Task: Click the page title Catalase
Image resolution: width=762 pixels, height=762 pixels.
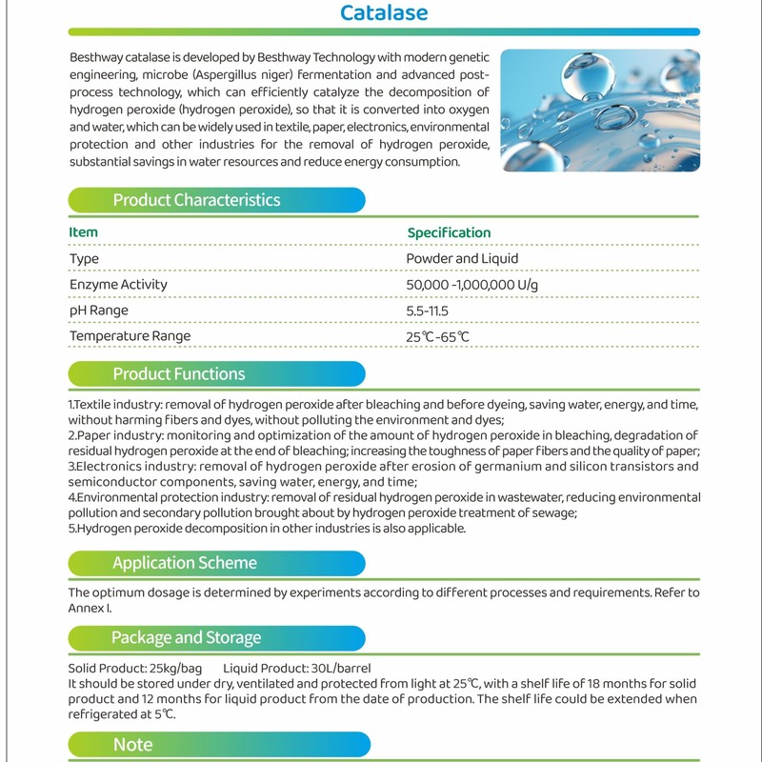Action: coord(384,13)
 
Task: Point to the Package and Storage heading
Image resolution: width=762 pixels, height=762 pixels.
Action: coord(186,637)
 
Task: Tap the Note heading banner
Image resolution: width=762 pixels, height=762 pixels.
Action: coord(133,745)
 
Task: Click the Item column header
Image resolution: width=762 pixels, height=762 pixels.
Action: coord(83,232)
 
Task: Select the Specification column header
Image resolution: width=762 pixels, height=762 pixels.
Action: coord(449,232)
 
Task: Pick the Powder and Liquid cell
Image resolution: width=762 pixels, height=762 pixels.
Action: coord(462,259)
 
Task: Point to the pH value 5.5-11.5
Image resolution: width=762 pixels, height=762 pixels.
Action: coord(427,311)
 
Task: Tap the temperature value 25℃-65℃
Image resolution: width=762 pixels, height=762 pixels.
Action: coord(437,337)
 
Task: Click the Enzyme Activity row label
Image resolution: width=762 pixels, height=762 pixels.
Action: coord(118,285)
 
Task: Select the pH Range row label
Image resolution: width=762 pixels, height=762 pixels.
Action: coord(99,311)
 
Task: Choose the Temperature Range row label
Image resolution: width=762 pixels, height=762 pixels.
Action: coord(130,336)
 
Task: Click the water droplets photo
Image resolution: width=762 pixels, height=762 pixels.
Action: coord(599,110)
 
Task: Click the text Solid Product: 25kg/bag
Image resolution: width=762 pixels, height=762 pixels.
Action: coord(133,668)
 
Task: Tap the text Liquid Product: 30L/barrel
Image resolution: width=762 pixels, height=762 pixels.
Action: coord(297,668)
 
